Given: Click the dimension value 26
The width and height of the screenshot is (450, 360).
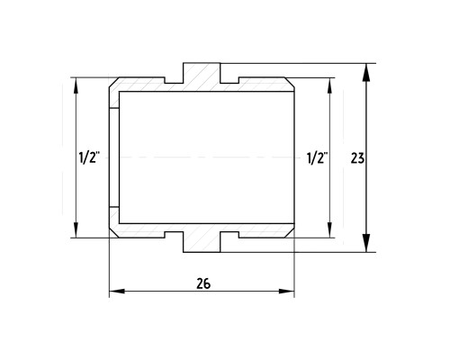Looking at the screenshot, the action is (203, 283).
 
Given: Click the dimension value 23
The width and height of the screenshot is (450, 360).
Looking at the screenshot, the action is (357, 158).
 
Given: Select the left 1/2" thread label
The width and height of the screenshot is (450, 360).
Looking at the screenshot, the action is (89, 157).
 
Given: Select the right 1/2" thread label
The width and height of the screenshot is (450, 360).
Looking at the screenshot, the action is (317, 158).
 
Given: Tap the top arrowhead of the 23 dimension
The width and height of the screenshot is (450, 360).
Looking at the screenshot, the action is (366, 72).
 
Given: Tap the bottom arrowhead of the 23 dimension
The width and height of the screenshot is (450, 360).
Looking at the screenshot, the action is (366, 243).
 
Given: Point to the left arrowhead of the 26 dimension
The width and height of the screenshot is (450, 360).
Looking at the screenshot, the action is (117, 291).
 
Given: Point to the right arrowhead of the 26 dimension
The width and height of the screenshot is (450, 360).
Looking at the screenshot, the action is (286, 291).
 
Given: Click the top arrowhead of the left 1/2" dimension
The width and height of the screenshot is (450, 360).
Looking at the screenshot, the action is (76, 85).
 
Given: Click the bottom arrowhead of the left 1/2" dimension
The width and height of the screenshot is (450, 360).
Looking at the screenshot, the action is (76, 230).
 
